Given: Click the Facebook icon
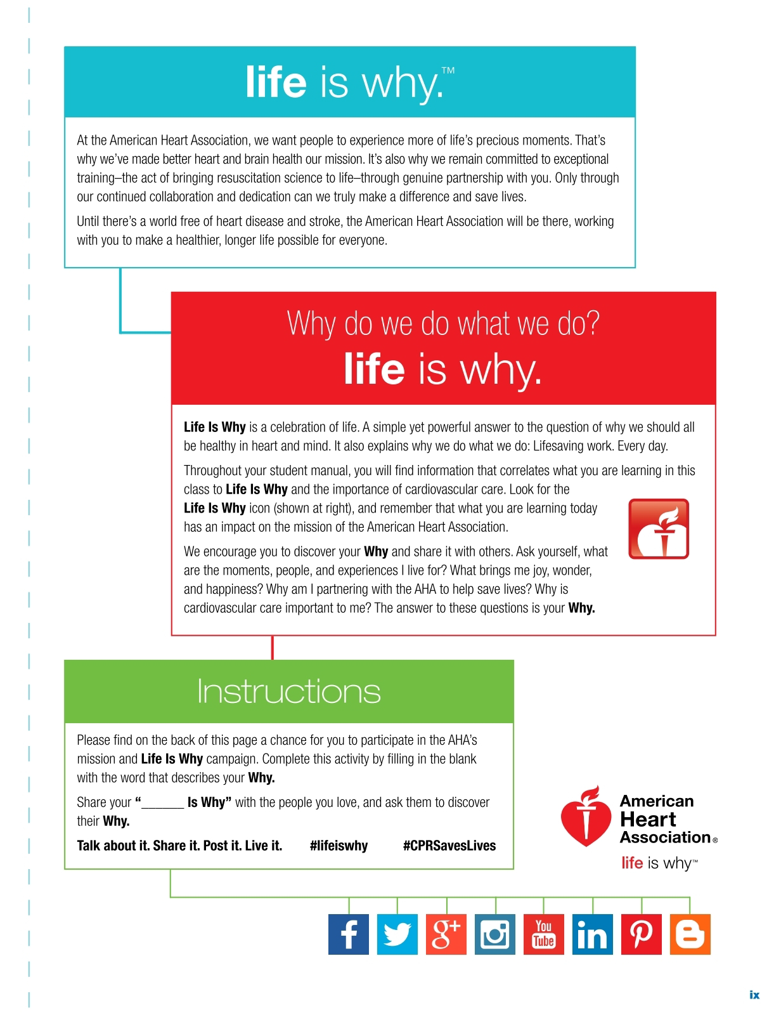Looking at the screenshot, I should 349,934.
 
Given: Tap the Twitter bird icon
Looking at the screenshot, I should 397,934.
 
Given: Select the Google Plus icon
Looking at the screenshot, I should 446,934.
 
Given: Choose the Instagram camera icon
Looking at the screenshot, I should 495,934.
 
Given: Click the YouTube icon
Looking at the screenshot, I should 544,934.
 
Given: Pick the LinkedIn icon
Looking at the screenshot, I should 593,934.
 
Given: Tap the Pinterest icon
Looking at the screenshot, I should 642,934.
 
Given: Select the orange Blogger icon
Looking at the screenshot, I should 690,934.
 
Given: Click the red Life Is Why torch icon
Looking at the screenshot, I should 659,529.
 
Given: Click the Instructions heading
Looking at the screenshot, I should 288,691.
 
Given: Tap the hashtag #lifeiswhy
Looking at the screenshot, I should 339,846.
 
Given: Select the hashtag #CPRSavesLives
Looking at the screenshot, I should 449,846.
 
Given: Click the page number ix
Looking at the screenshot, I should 754,995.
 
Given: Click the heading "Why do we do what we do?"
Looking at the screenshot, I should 443,324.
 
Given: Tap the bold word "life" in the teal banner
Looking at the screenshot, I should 276,83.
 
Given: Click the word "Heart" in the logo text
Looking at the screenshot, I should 648,819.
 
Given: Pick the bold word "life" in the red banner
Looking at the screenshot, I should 374,369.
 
